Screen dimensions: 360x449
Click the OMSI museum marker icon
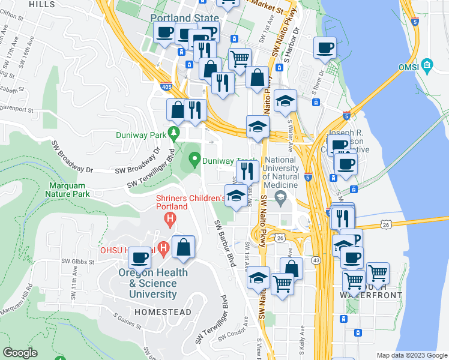427,65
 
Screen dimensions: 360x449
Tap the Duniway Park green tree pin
175,131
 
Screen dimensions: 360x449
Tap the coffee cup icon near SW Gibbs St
140,257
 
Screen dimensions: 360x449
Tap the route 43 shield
316,260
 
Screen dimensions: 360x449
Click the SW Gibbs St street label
78,262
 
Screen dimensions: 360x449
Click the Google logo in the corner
20,353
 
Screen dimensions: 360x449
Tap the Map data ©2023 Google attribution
411,355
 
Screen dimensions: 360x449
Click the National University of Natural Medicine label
281,172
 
